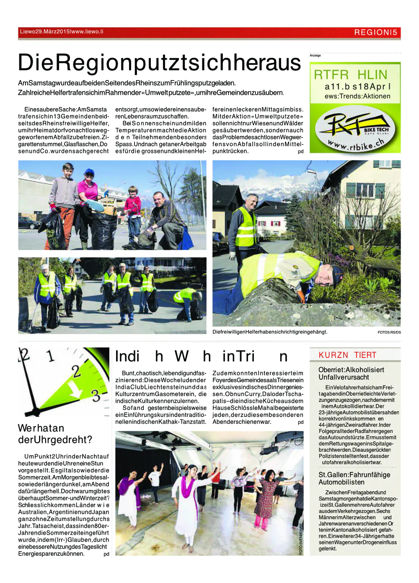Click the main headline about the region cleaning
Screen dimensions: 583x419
coord(159,63)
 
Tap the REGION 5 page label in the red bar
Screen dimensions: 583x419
coord(375,32)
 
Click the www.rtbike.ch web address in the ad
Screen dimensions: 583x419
coord(357,145)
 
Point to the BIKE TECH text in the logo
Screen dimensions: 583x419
coord(376,130)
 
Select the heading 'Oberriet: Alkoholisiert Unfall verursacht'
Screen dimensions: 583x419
coord(351,373)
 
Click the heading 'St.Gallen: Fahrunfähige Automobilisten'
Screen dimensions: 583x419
coord(354,478)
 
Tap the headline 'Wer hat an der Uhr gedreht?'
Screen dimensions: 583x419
coord(55,434)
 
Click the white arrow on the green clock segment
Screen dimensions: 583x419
coord(76,391)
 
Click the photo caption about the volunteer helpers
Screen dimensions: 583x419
coord(270,332)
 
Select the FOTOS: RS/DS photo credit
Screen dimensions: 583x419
coord(389,332)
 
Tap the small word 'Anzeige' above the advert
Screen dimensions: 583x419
coord(315,55)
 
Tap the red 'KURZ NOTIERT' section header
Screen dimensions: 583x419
coord(347,355)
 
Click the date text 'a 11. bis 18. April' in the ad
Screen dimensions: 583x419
coord(357,87)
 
